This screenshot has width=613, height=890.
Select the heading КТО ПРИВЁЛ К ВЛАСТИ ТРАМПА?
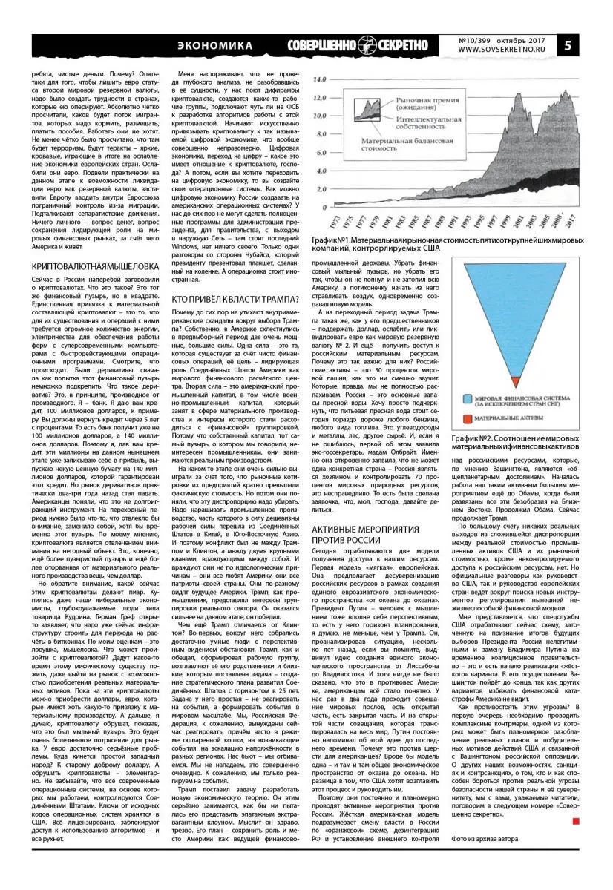tap(235, 299)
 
